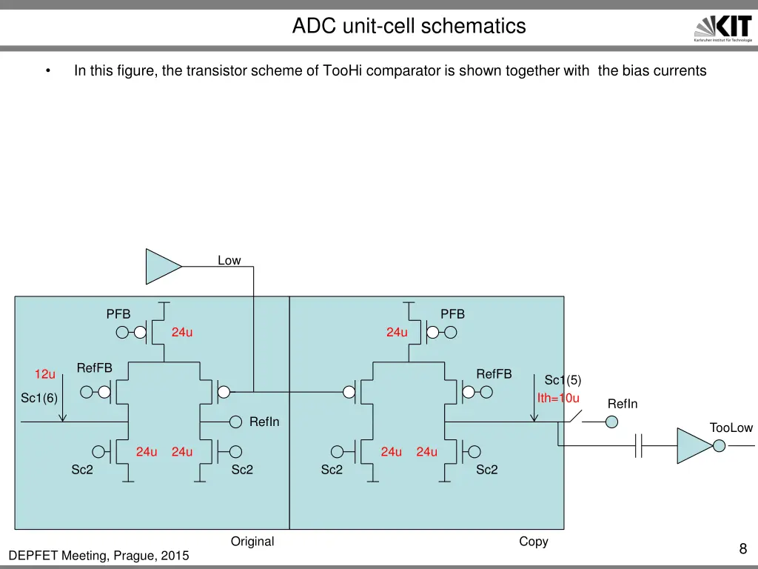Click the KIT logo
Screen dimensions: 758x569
coord(723,28)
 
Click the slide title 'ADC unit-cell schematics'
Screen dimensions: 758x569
coord(409,26)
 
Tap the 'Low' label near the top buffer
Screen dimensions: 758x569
coord(229,260)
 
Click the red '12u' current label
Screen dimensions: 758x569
coord(45,374)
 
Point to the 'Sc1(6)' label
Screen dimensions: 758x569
coord(39,398)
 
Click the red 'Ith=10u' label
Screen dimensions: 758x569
coord(558,398)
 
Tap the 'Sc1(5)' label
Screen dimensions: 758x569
coord(563,380)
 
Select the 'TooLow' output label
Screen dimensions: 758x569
coord(731,427)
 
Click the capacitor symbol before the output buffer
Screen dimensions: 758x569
coord(639,445)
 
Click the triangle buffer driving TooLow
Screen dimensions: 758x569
coord(695,445)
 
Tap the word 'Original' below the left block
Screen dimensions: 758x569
coord(252,542)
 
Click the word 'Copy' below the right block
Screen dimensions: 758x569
coord(534,542)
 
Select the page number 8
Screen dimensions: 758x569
coord(743,549)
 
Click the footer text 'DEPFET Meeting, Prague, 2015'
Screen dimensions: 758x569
coord(98,556)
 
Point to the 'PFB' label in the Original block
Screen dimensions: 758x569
coord(118,314)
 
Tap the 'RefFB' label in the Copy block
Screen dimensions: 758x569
coord(494,374)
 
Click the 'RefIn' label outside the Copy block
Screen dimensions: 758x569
coord(623,404)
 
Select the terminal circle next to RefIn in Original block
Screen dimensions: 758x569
coord(235,422)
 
